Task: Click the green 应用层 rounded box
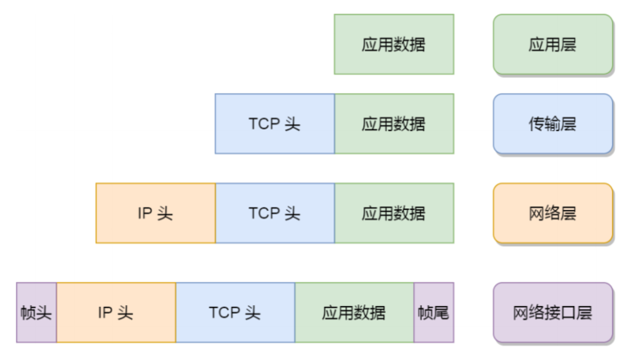tap(553, 44)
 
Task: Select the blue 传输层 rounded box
tap(553, 123)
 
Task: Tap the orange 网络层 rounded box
tap(553, 213)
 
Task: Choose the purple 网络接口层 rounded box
tap(553, 312)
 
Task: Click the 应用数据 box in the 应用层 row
tap(393, 44)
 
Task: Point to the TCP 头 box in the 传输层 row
tap(274, 123)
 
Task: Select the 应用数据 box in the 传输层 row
tap(393, 123)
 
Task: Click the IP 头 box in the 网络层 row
tap(155, 213)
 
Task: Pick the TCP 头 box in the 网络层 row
tap(274, 213)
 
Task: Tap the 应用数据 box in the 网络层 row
tap(393, 213)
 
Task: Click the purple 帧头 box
tap(36, 312)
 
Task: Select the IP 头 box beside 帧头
tap(116, 312)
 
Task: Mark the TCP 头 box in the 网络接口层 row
tap(235, 312)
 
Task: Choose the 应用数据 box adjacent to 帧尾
tap(354, 312)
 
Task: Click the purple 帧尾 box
tap(434, 312)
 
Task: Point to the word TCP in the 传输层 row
tap(265, 123)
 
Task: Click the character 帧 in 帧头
tap(28, 312)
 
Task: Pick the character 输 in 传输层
tap(553, 123)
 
